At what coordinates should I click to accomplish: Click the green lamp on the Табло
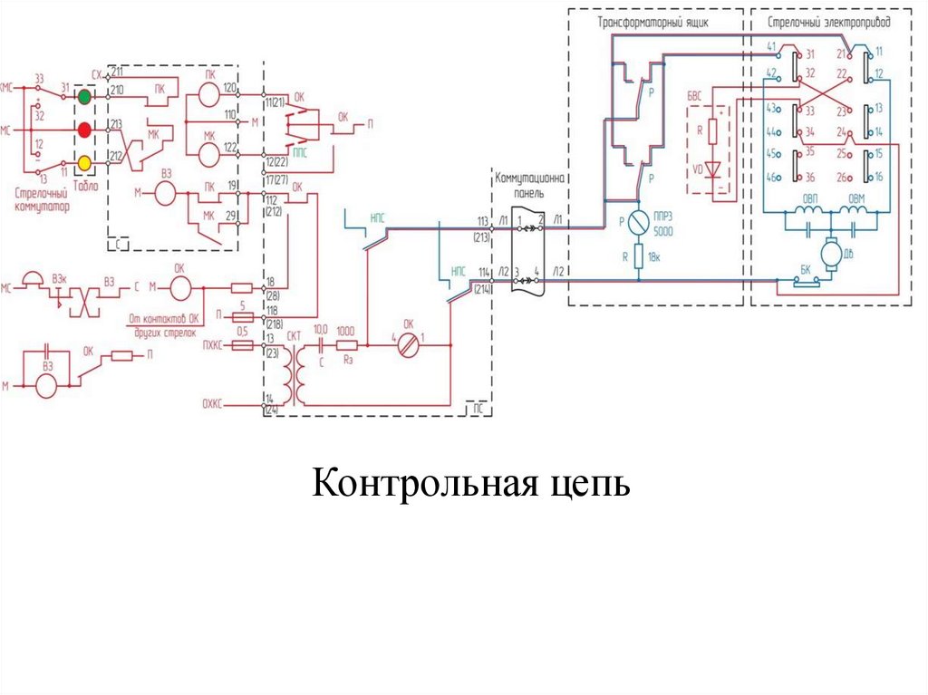pyautogui.click(x=84, y=95)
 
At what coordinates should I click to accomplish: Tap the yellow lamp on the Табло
pyautogui.click(x=84, y=163)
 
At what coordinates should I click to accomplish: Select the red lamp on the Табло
pyautogui.click(x=84, y=130)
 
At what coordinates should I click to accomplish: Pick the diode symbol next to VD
pyautogui.click(x=713, y=169)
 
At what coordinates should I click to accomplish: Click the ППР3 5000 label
pyautogui.click(x=665, y=226)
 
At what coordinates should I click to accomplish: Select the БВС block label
pyautogui.click(x=694, y=94)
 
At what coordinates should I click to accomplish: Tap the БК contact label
pyautogui.click(x=803, y=270)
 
